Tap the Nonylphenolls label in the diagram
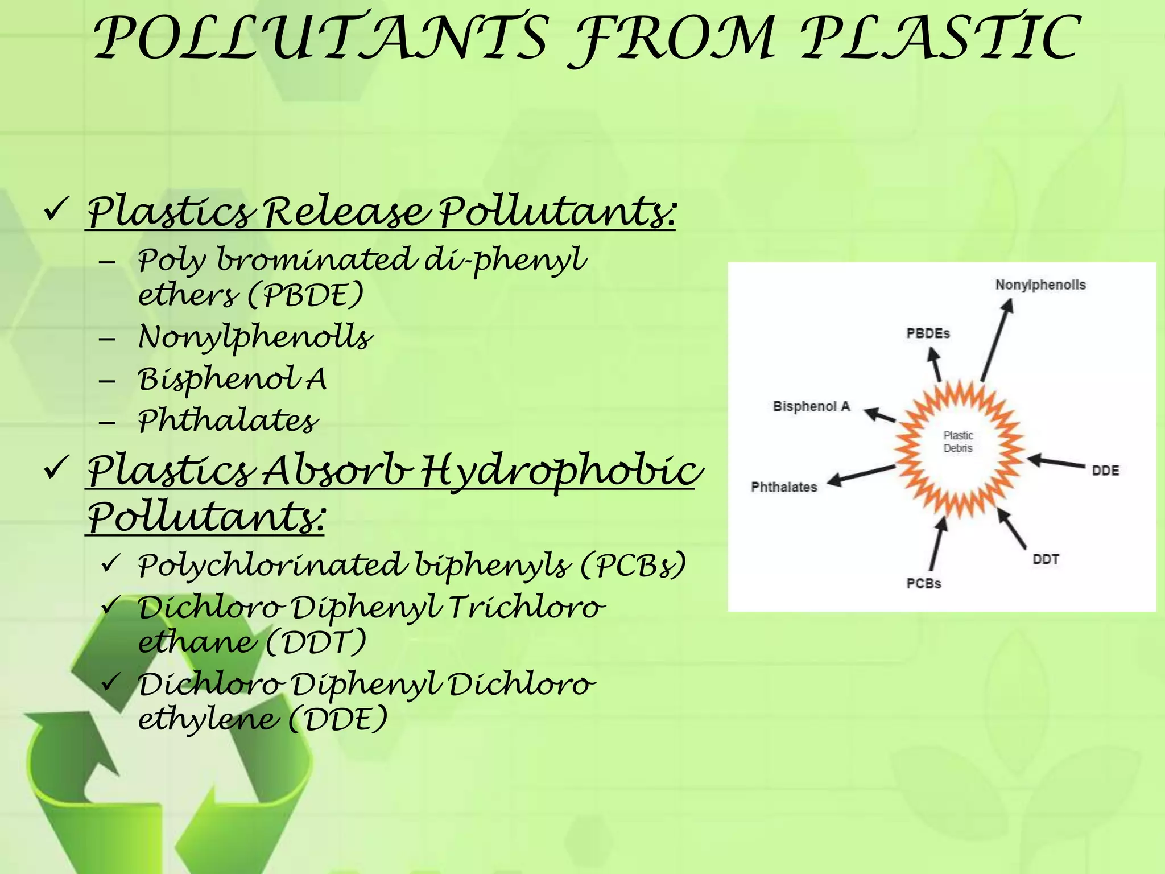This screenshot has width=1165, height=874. click(1040, 285)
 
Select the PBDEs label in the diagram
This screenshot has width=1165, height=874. click(928, 333)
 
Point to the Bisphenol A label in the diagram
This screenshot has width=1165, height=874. click(811, 406)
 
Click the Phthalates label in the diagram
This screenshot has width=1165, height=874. click(784, 487)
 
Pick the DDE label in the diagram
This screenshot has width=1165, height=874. click(1105, 471)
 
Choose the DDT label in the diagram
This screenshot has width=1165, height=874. click(1046, 559)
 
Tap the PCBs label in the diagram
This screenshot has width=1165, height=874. click(924, 583)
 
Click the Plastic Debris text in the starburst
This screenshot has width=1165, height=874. click(959, 442)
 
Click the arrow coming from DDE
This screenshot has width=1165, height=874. click(1056, 462)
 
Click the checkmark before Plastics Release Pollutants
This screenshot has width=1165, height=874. click(56, 210)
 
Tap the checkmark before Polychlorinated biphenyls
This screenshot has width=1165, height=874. click(109, 564)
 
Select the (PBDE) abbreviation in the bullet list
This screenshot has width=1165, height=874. click(306, 295)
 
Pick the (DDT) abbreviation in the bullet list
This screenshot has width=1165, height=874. click(316, 642)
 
